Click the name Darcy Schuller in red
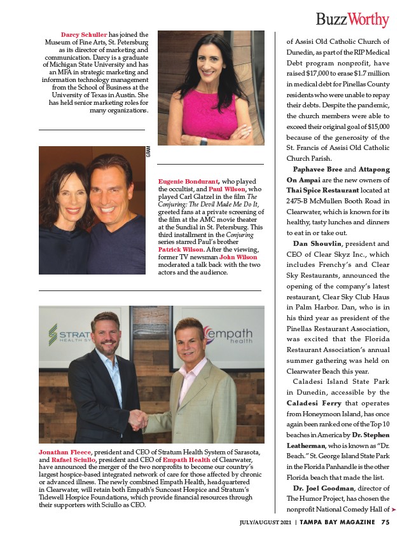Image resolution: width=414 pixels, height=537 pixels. click(x=84, y=35)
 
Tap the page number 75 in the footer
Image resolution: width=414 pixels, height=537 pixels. click(x=385, y=523)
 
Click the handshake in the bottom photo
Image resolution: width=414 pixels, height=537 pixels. click(x=139, y=419)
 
